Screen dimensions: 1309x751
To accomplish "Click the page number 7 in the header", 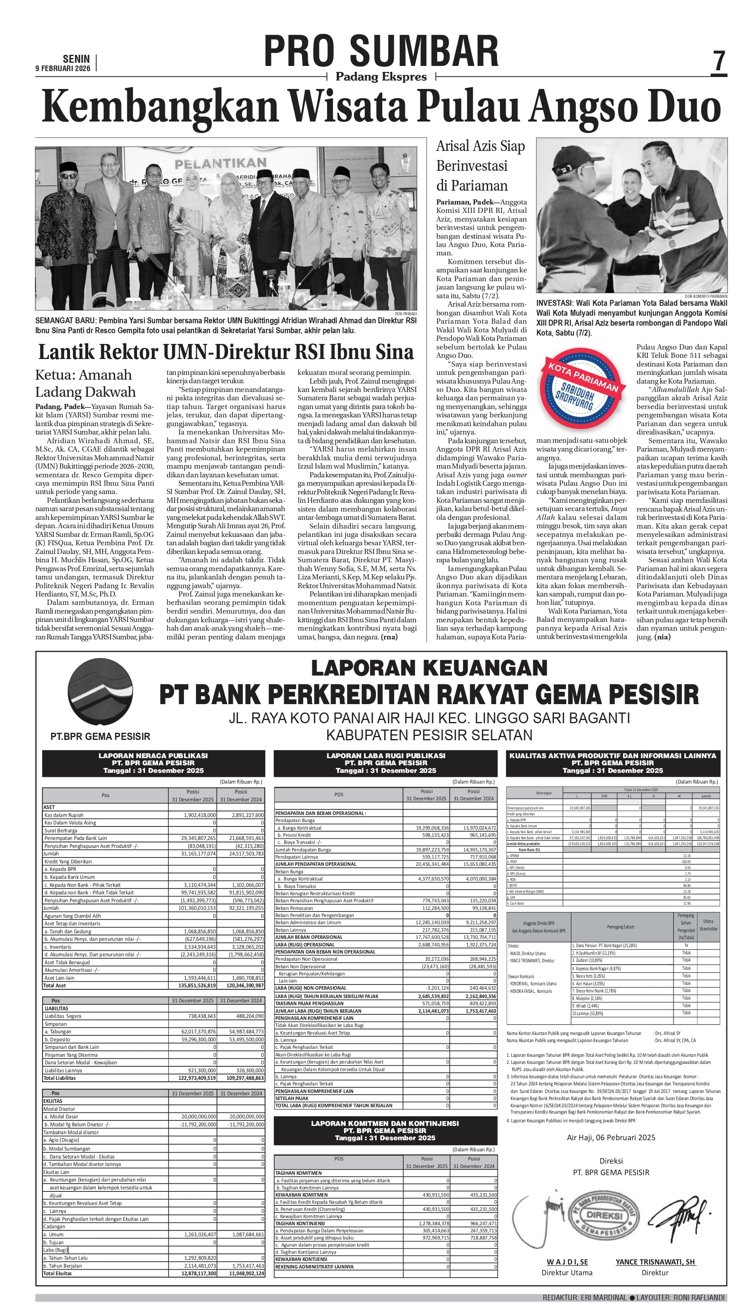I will (x=719, y=61).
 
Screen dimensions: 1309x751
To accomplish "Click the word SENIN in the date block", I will (x=76, y=59).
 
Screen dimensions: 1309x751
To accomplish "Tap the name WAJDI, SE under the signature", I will (x=567, y=1262).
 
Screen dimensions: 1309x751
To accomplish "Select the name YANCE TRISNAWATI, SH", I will (x=655, y=1262).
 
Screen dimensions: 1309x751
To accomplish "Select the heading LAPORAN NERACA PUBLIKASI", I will (x=153, y=755).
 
